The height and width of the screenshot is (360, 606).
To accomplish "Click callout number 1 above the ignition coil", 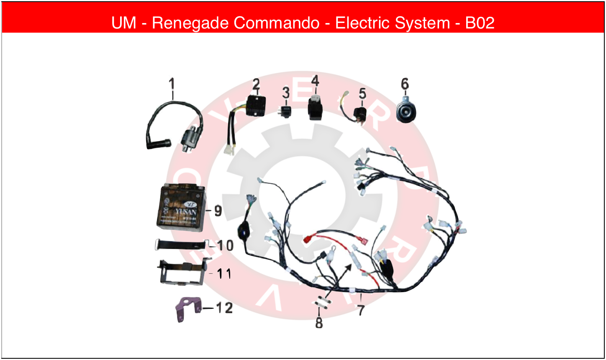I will click(x=172, y=83).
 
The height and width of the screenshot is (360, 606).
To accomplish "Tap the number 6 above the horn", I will click(x=405, y=84).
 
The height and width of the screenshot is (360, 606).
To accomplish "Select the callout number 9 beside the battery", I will click(x=218, y=211).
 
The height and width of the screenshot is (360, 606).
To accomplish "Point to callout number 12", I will click(x=224, y=308).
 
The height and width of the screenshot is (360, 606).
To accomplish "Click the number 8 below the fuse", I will click(x=319, y=323).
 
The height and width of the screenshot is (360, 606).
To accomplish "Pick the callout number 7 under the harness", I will click(x=361, y=311).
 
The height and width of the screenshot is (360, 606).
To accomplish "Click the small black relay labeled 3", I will click(x=286, y=111).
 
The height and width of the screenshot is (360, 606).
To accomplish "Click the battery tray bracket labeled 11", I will click(x=182, y=273).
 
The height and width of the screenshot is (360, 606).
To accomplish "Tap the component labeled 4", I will click(x=314, y=108).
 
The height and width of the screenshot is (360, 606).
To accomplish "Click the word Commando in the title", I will click(x=277, y=23).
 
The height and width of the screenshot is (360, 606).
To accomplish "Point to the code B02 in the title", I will click(x=480, y=23).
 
